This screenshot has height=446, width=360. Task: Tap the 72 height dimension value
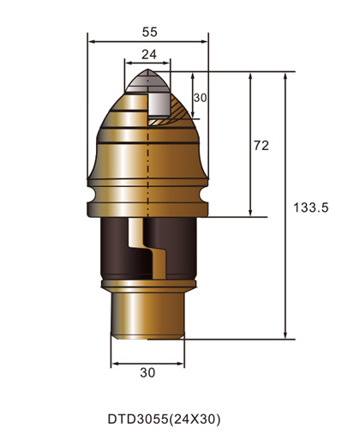[x=261, y=146]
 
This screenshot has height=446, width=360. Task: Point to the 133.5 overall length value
[x=311, y=208]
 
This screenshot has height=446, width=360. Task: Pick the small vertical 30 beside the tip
[x=201, y=98]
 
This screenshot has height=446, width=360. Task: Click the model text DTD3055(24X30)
[x=164, y=420]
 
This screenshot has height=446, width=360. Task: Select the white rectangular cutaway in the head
[x=159, y=105]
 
